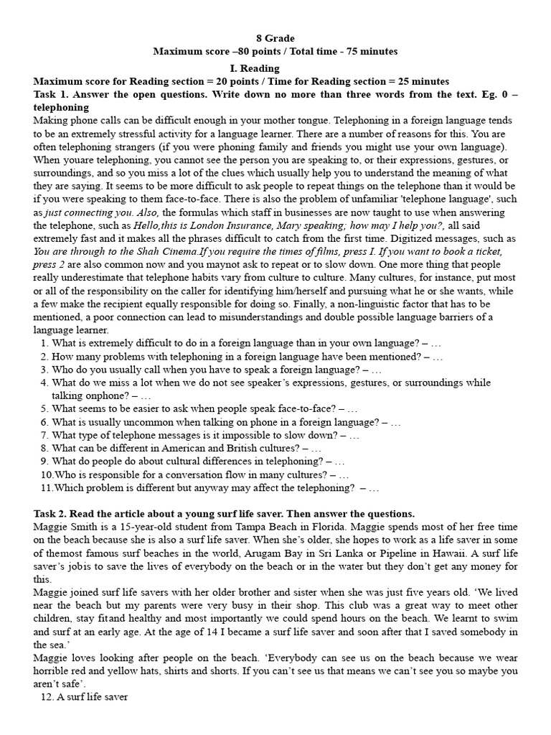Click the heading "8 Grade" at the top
pyautogui.click(x=275, y=38)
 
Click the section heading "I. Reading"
pyautogui.click(x=275, y=67)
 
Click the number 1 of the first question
pyautogui.click(x=44, y=344)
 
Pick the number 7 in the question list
pyautogui.click(x=44, y=435)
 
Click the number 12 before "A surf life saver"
pyautogui.click(x=45, y=697)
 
